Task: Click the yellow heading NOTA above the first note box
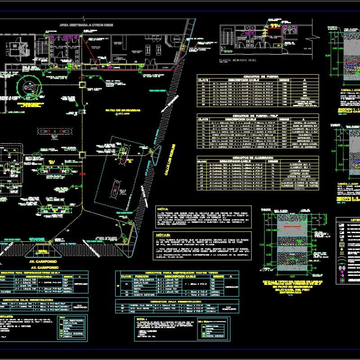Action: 162,209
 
